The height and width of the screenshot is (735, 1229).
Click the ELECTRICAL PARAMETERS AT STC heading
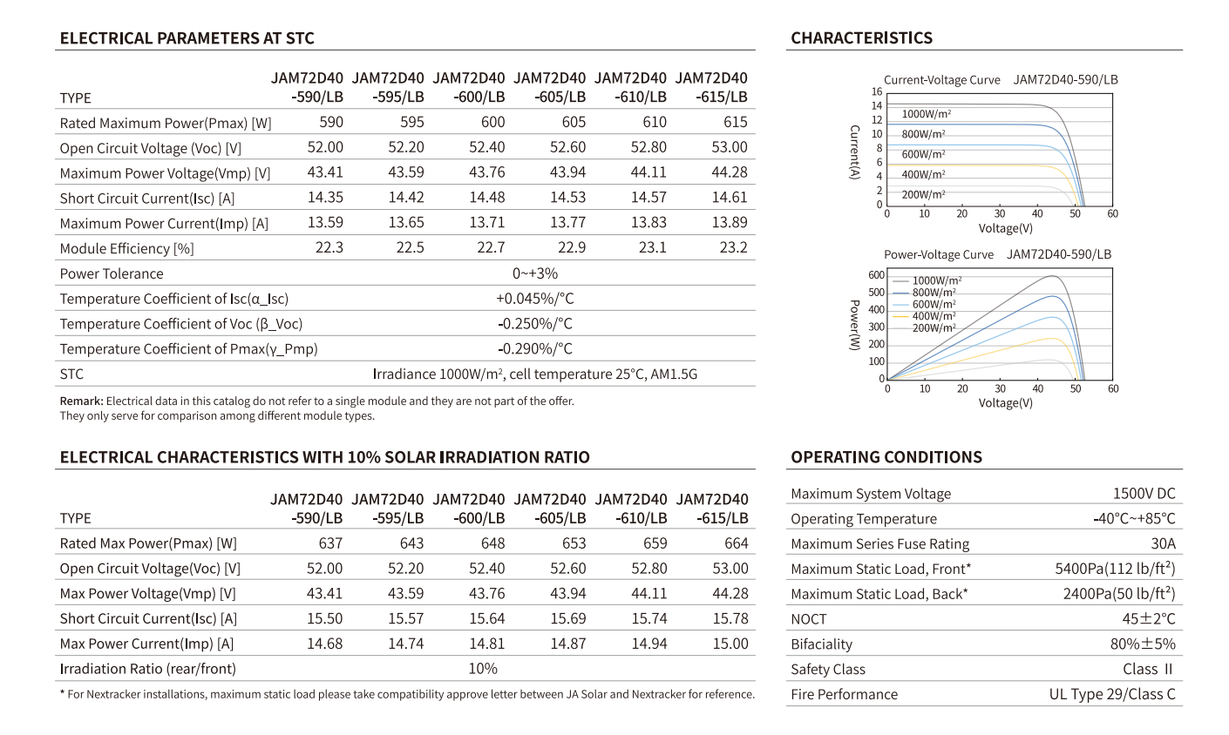coord(187,38)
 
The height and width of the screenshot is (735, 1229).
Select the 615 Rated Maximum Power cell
coord(735,122)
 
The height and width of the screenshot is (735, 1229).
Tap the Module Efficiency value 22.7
coord(491,247)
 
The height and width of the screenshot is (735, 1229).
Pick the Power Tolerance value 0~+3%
coord(535,273)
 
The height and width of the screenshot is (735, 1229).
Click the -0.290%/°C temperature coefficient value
coord(535,348)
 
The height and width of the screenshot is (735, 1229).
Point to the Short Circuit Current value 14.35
coord(325,198)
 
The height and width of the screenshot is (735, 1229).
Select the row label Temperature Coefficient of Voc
coord(181,324)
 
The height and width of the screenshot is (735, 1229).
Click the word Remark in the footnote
coord(81,401)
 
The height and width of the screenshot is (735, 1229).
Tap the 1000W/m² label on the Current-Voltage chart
coord(927,114)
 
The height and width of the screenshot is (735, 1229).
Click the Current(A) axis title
coord(854,152)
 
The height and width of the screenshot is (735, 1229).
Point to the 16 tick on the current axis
coord(877,91)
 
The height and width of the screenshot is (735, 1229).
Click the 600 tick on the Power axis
coord(876,274)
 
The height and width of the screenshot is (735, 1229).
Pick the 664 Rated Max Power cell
coord(737,543)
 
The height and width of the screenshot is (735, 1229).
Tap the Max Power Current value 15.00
coord(730,644)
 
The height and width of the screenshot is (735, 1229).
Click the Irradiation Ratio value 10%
coord(483,669)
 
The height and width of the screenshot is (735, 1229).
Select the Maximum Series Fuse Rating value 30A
coord(1163,543)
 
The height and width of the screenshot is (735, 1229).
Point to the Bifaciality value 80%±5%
coord(1143,644)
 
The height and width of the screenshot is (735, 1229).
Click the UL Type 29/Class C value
coord(1112,694)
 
